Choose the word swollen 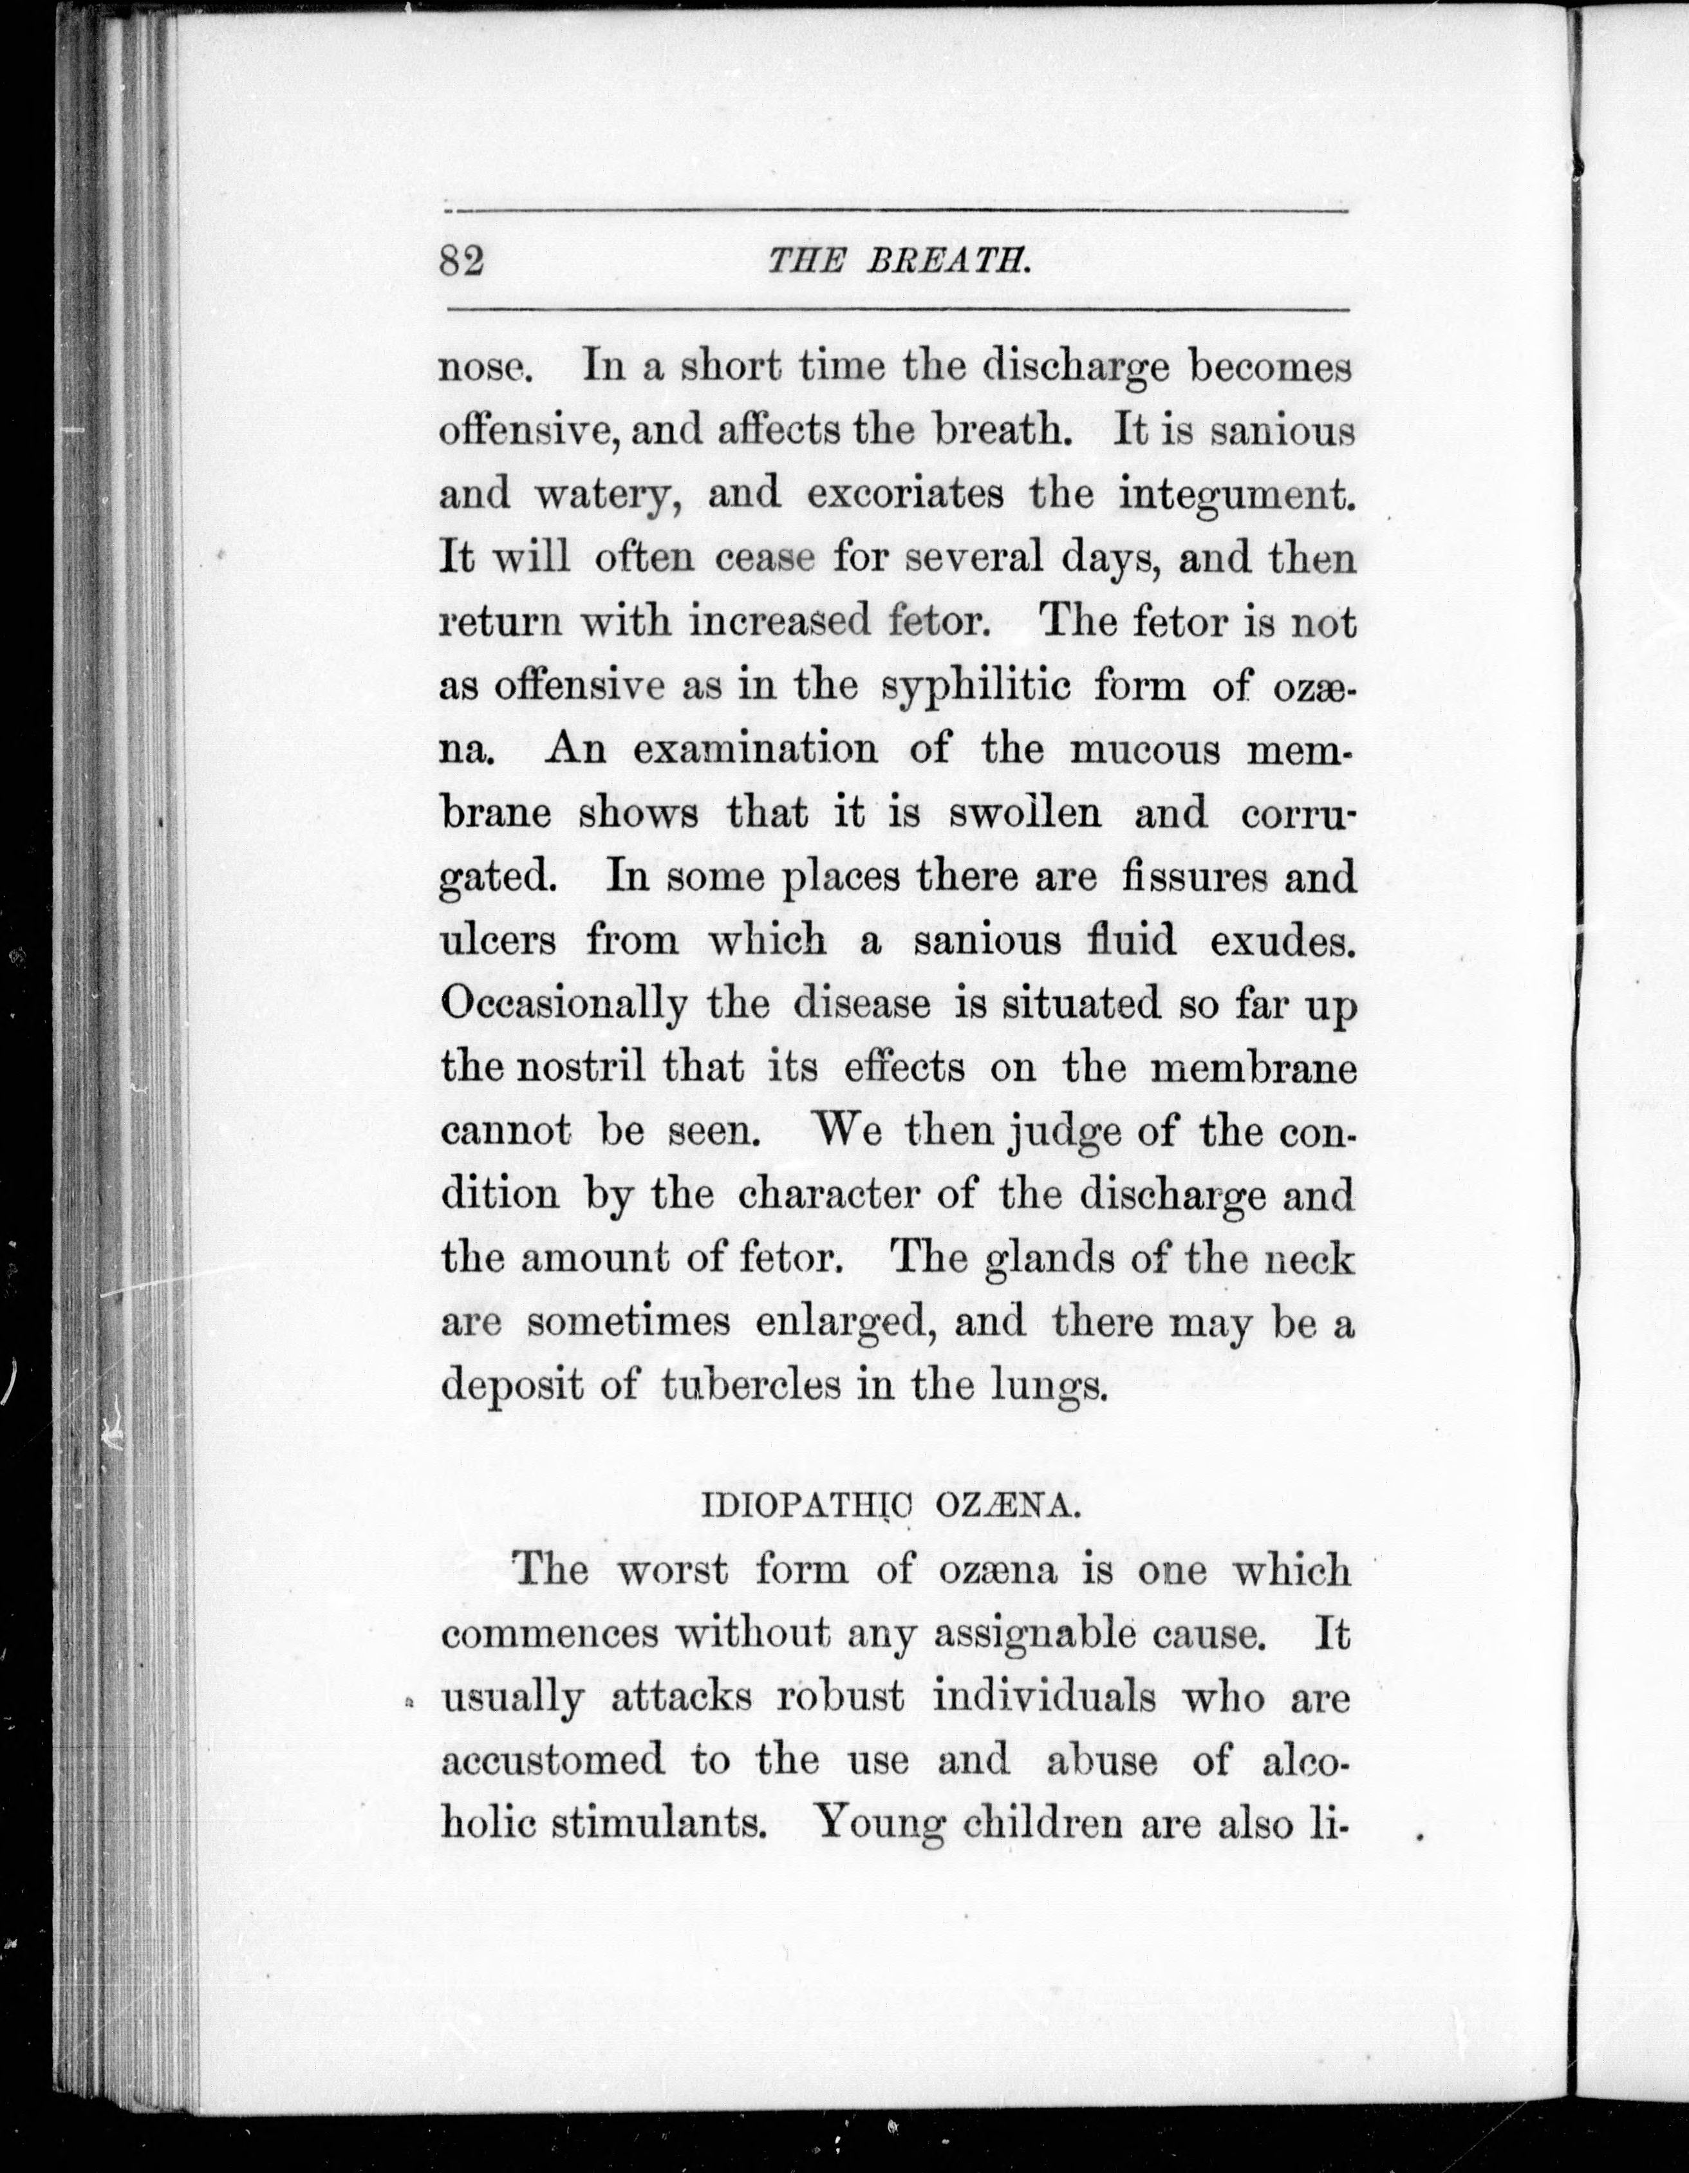coord(1025,813)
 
